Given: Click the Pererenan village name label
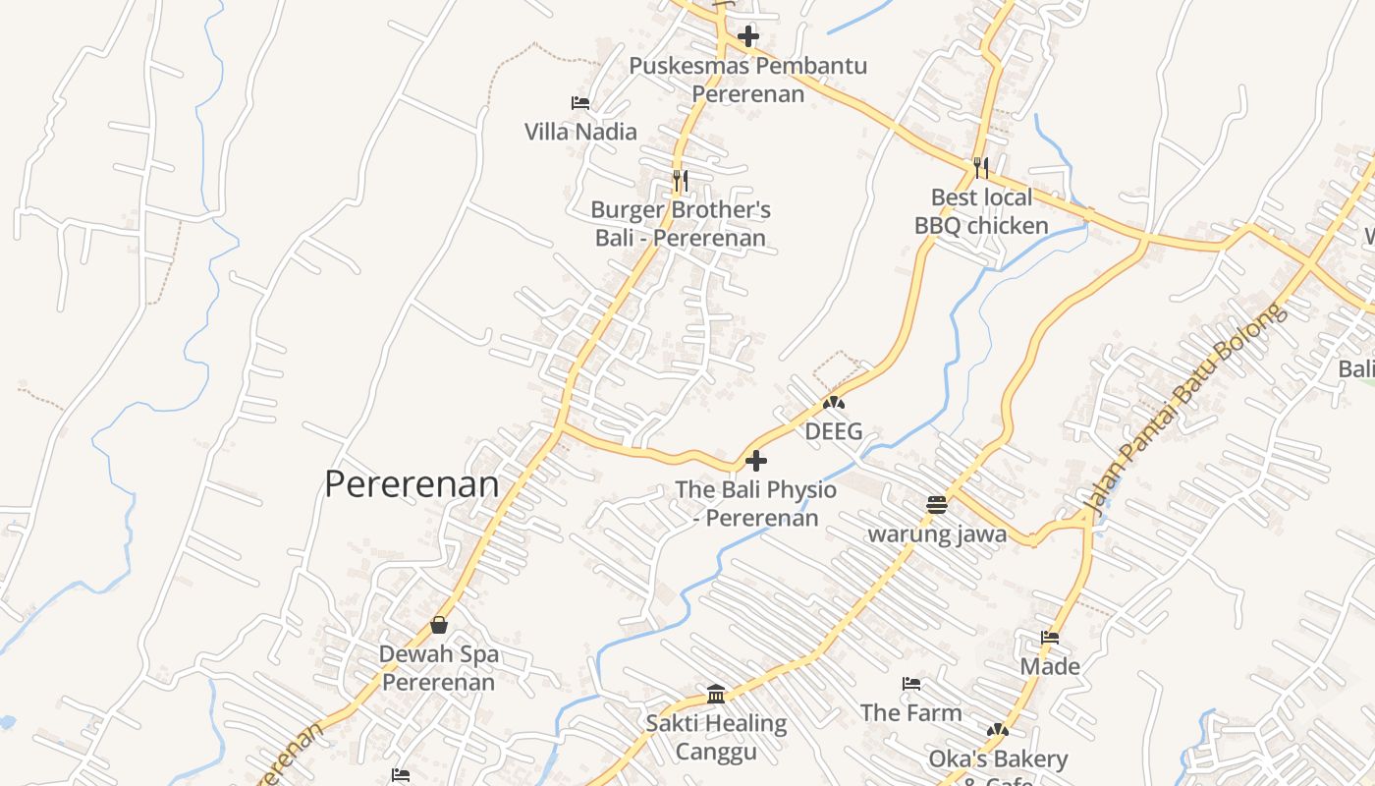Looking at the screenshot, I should coord(412,484).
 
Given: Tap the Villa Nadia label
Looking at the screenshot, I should coord(580,132).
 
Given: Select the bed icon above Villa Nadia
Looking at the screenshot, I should coord(580,102).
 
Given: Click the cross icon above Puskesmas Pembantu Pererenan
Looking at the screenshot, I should coord(748,37).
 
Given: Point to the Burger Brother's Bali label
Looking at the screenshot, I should coord(681,224).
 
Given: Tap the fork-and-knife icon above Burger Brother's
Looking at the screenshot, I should coord(680,181).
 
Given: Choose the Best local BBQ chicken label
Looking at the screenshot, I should coord(981,211).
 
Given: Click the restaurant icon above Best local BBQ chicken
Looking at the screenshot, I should coord(980,168).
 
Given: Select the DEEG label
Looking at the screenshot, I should coord(834,431).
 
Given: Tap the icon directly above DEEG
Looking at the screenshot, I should coord(834,402).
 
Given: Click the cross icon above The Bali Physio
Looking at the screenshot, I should coord(756,460).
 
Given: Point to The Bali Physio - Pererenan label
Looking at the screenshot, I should coord(756,503).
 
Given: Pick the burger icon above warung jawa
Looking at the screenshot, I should coord(937,505).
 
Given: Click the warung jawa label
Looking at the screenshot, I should coord(937,534).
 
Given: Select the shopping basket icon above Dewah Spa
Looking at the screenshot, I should coord(439,625).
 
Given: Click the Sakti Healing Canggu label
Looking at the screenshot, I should coord(716,738).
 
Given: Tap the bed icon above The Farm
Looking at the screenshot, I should coord(911,684).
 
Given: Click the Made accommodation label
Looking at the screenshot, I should coord(1050,667).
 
